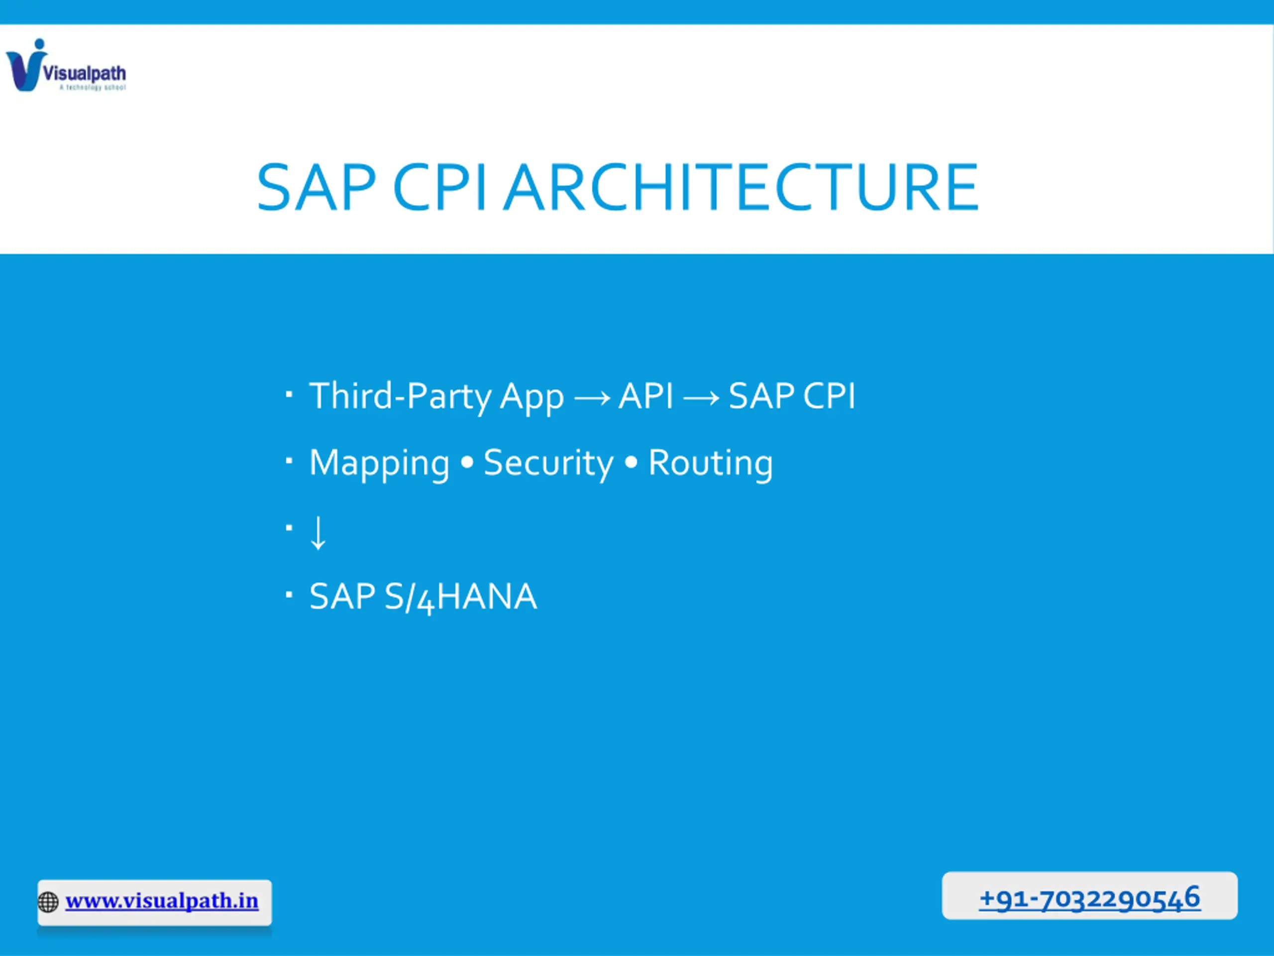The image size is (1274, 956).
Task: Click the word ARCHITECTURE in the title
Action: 741,187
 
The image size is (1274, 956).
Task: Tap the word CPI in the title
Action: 439,187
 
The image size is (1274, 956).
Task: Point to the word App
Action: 531,398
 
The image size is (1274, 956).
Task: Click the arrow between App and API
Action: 592,398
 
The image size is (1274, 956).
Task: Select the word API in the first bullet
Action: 645,396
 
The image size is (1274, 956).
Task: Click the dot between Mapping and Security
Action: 467,462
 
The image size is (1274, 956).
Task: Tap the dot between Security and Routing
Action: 631,462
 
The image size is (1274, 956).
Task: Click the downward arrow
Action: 318,532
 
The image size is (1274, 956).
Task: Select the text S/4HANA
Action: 461,597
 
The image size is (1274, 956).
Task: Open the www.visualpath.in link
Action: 162,901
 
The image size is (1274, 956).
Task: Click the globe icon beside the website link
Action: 48,902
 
